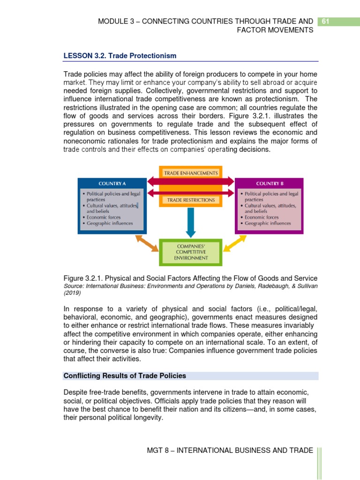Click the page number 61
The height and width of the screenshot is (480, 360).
point(325,21)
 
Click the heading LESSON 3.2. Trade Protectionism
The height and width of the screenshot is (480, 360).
point(120,56)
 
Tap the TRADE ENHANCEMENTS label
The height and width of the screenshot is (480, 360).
point(190,173)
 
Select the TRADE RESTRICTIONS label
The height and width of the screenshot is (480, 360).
point(190,200)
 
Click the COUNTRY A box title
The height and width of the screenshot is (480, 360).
point(112,183)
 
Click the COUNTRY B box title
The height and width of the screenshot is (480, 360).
point(269,183)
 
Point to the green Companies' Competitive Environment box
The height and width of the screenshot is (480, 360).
point(190,252)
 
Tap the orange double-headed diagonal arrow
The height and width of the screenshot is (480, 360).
point(147,243)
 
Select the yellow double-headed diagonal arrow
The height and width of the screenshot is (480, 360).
point(236,243)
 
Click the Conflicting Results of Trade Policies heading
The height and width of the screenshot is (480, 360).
point(125,376)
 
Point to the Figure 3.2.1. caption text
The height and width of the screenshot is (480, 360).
point(190,278)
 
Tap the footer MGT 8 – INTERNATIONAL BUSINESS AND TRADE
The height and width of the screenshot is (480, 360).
point(230,450)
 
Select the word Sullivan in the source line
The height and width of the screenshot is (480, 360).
point(306,286)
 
